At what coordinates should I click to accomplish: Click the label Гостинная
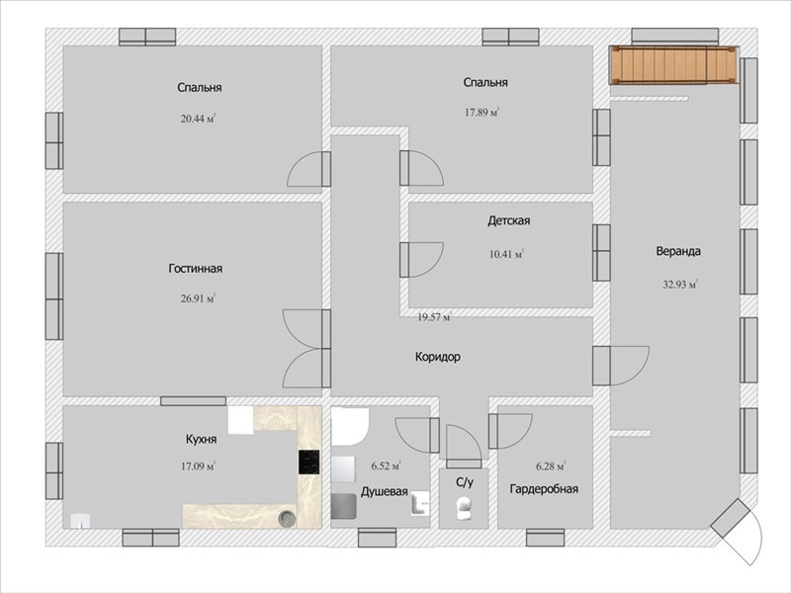tap(195, 268)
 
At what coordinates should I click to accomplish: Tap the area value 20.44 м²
tap(199, 119)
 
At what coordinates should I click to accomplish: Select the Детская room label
tap(508, 220)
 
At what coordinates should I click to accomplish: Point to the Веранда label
tap(678, 251)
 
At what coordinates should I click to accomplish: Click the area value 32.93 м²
tap(680, 285)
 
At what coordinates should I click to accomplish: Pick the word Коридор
tap(438, 357)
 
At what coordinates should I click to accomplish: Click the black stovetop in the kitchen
tap(309, 462)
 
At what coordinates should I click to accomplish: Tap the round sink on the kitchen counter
tap(287, 517)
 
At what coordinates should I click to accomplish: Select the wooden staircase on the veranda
tap(673, 64)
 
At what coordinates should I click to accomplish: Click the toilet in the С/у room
tap(464, 508)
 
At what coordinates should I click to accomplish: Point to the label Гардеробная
tap(544, 489)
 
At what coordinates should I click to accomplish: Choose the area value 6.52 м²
tap(386, 466)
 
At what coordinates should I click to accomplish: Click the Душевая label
tap(384, 491)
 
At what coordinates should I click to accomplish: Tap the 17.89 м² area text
tap(482, 113)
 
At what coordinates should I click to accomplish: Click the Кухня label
tap(202, 439)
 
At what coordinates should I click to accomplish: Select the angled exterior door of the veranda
tap(738, 532)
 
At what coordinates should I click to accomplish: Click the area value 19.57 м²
tap(434, 317)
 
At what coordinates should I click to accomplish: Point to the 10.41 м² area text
tap(506, 254)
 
